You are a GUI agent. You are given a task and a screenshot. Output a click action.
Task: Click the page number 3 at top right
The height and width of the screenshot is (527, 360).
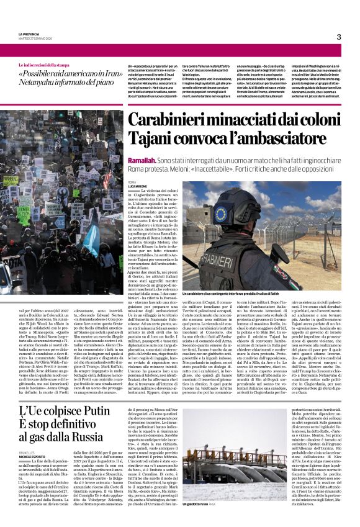click(x=339, y=37)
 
